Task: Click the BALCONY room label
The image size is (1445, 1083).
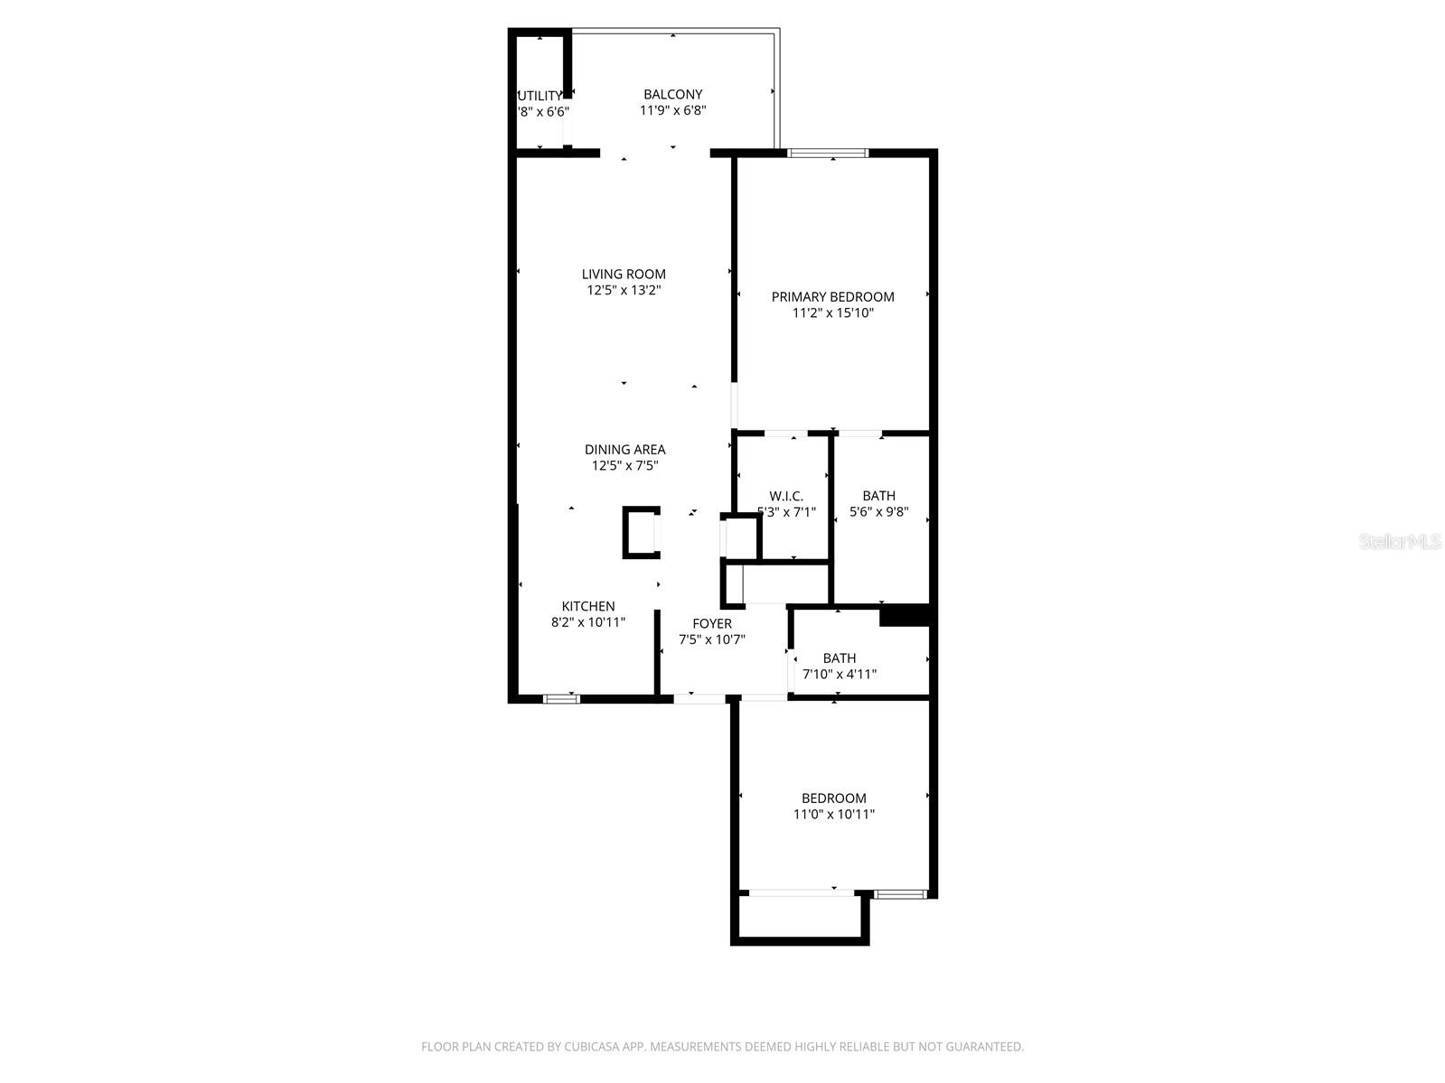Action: pos(672,94)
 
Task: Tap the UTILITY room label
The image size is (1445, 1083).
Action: pos(540,96)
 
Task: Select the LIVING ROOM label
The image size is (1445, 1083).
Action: pos(624,274)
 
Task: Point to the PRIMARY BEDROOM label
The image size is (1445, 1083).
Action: pos(832,296)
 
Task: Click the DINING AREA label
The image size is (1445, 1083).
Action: pos(624,449)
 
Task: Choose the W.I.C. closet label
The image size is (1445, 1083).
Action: pos(786,496)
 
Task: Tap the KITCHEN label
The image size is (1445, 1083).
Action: pos(588,606)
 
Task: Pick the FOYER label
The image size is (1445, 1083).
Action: pos(712,623)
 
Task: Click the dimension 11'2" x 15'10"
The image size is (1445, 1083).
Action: pos(832,313)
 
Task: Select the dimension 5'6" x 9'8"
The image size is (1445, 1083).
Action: pos(878,512)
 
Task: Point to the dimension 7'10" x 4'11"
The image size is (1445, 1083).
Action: pos(840,674)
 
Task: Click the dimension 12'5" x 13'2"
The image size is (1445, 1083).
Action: pos(624,291)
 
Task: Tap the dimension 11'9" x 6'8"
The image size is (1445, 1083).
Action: pos(672,110)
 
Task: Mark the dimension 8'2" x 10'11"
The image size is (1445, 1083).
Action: pos(588,622)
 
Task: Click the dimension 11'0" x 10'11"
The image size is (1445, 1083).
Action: pos(833,814)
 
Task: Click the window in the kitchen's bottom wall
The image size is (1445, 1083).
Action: pos(561,697)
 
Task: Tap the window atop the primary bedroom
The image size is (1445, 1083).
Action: pos(828,153)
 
